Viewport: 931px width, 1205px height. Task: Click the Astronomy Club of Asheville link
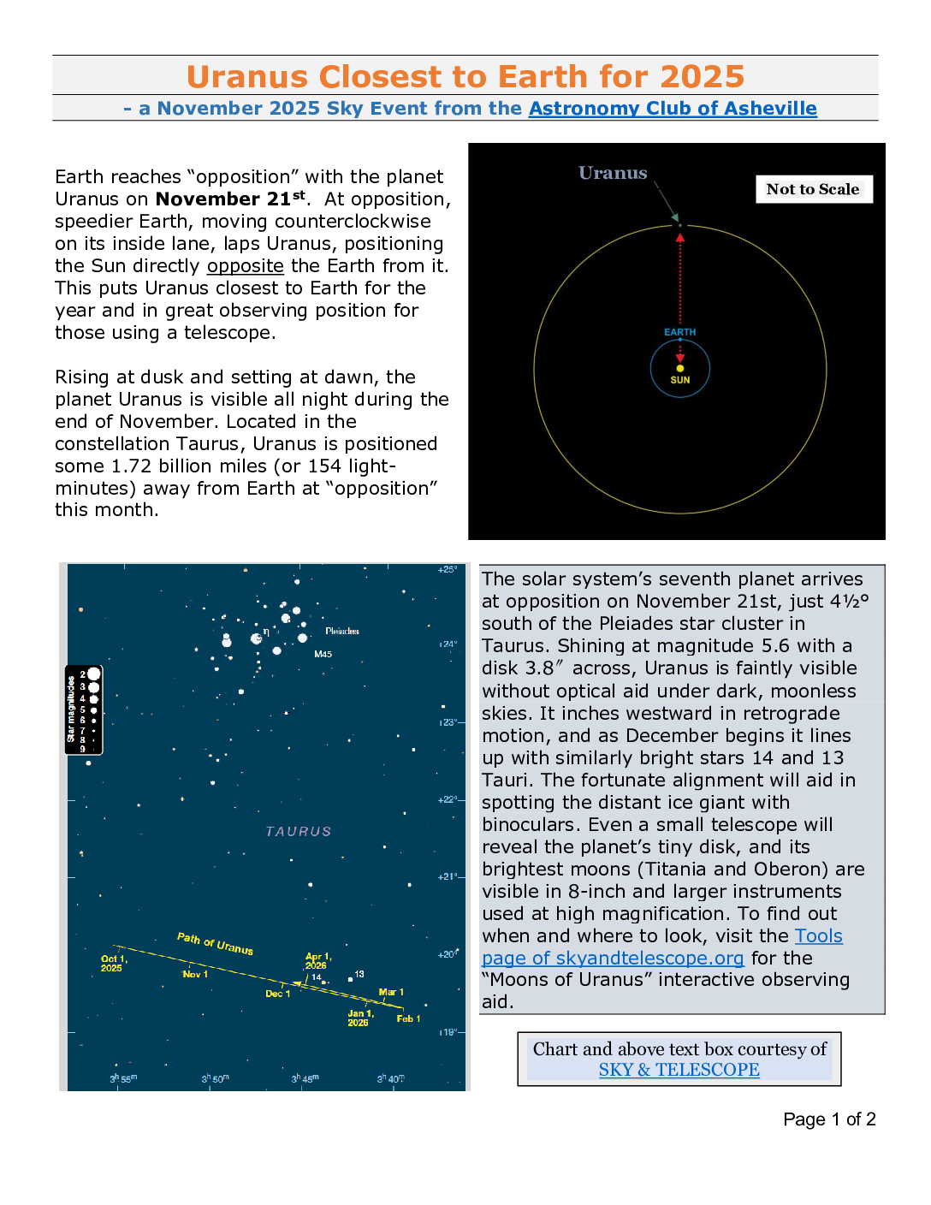point(673,109)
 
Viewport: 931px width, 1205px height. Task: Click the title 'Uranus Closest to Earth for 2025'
point(465,76)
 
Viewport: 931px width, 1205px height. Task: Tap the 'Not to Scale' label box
point(813,189)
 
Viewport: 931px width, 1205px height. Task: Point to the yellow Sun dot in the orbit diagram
point(680,369)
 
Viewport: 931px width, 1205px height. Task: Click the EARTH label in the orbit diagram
point(680,332)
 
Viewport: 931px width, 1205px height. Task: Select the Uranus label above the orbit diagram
point(613,173)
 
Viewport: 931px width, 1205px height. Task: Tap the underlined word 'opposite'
point(246,265)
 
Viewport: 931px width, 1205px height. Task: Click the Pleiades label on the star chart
point(342,631)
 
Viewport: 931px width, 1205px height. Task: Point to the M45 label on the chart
point(323,654)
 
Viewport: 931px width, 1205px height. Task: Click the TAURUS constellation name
point(298,831)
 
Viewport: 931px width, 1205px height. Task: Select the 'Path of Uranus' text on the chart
point(215,943)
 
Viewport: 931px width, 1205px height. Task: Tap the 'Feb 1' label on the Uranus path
point(408,1018)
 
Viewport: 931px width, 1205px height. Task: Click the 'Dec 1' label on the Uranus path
point(277,994)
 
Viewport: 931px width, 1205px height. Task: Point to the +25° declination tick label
point(448,569)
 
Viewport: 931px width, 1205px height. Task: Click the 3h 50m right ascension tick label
point(215,1078)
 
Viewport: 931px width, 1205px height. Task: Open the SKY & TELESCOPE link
point(679,1070)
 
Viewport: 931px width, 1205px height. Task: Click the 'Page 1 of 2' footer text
point(829,1119)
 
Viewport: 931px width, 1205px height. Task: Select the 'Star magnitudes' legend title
point(72,709)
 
